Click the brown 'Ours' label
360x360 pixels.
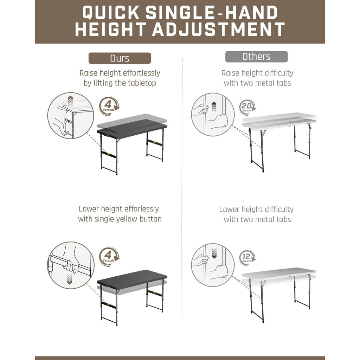(120, 58)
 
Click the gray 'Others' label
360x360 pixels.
(256, 57)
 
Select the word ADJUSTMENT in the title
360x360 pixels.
(218, 30)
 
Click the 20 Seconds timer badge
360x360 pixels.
(247, 107)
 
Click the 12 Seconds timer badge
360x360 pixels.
(247, 258)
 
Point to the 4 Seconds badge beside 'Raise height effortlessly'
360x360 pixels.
(109, 105)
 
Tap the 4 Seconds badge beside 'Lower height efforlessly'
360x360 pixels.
(109, 256)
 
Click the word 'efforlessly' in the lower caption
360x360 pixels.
(139, 209)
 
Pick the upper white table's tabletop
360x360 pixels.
(279, 117)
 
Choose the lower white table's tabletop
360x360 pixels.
(279, 272)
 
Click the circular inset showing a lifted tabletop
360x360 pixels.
(70, 115)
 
